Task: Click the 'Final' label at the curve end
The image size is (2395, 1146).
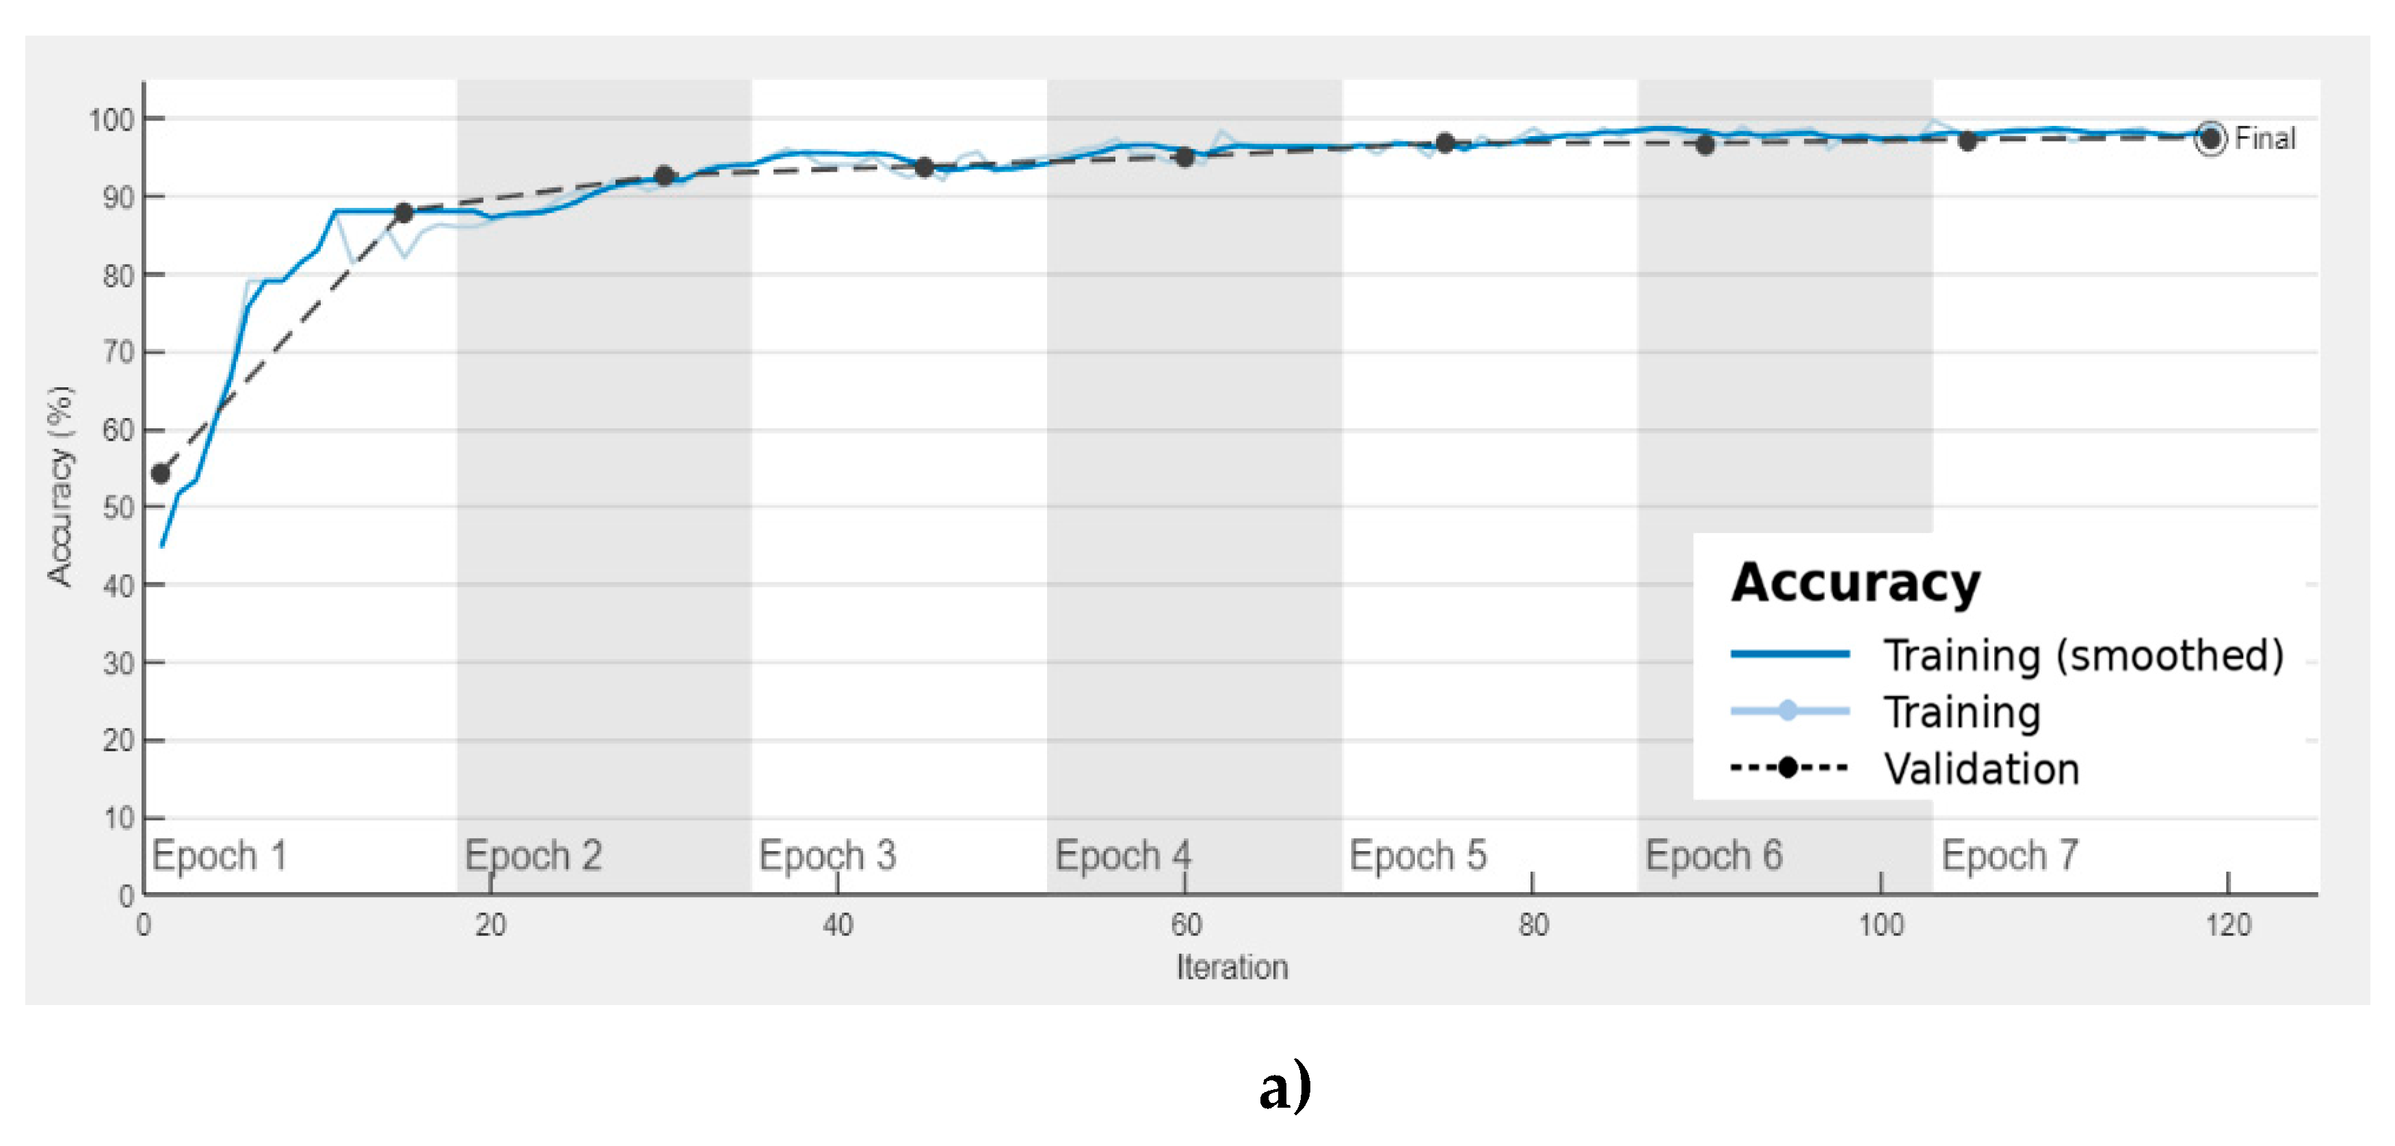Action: pyautogui.click(x=2265, y=139)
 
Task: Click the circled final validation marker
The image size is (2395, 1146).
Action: pyautogui.click(x=2210, y=139)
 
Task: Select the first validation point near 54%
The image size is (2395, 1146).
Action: pyautogui.click(x=161, y=473)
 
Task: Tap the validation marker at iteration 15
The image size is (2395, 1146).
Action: pyautogui.click(x=403, y=213)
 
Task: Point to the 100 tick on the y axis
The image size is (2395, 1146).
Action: pyautogui.click(x=111, y=120)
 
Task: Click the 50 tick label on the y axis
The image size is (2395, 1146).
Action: pyautogui.click(x=118, y=508)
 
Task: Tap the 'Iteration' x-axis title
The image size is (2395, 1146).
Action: pyautogui.click(x=1232, y=967)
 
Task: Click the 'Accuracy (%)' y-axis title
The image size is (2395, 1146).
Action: pyautogui.click(x=59, y=486)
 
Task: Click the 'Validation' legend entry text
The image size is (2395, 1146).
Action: pyautogui.click(x=1981, y=769)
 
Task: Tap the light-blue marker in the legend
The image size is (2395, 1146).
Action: pyautogui.click(x=1788, y=712)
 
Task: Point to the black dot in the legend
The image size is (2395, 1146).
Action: pyautogui.click(x=1788, y=768)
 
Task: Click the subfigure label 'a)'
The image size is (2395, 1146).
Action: pyautogui.click(x=1285, y=1086)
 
